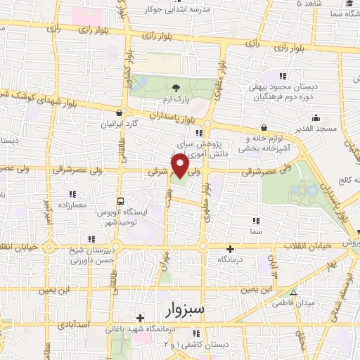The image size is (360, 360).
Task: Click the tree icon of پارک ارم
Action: (x=175, y=86)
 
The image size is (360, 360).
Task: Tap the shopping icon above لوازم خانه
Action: (x=264, y=128)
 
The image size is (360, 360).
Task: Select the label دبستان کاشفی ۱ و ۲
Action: (x=188, y=344)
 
